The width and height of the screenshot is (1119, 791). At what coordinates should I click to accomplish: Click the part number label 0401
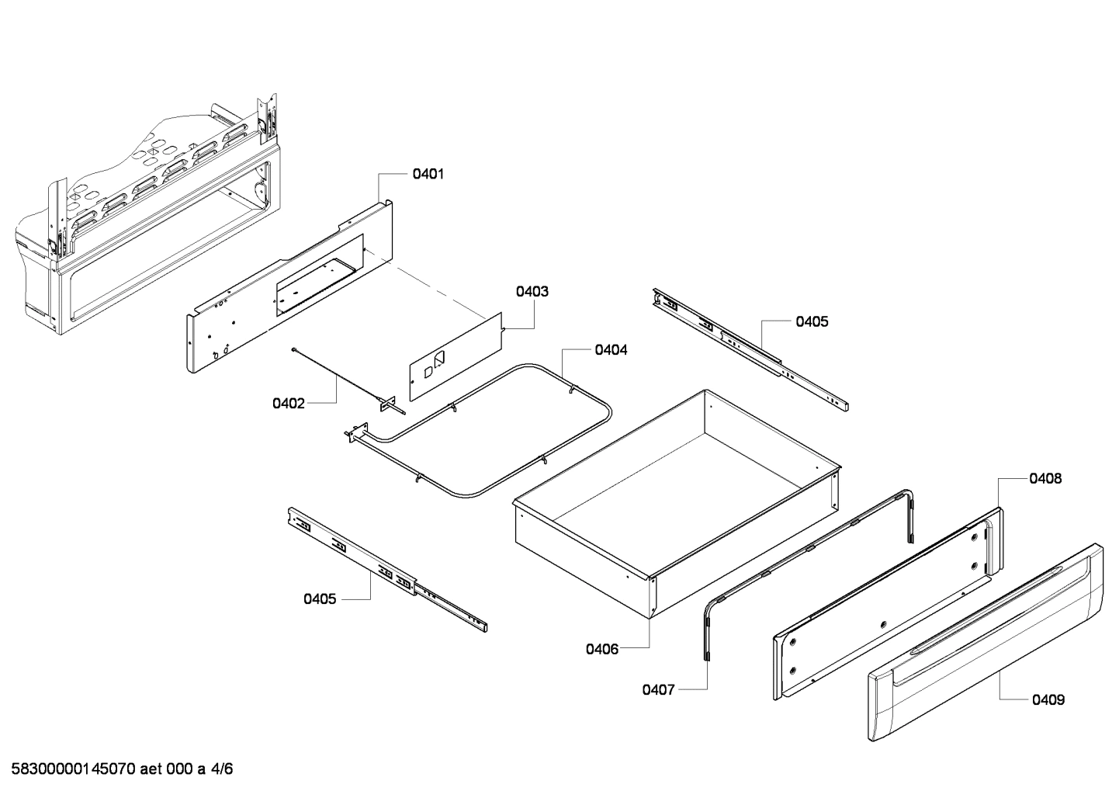pos(428,175)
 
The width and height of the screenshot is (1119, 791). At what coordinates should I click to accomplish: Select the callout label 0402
pos(288,404)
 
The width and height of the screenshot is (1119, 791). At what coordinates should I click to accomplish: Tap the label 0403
pos(532,292)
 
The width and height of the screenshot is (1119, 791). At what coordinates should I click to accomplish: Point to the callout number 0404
pos(611,350)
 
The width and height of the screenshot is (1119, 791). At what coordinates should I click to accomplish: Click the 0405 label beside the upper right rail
pos(811,321)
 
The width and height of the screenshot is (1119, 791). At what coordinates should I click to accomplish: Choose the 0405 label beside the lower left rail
pos(320,598)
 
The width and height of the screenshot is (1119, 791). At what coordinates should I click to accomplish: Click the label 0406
pos(602,649)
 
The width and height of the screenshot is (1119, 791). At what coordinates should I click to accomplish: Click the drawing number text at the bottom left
pos(118,770)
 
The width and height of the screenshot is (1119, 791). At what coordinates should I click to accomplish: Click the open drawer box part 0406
pos(675,497)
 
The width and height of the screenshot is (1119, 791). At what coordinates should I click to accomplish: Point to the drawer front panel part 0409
pos(986,644)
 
